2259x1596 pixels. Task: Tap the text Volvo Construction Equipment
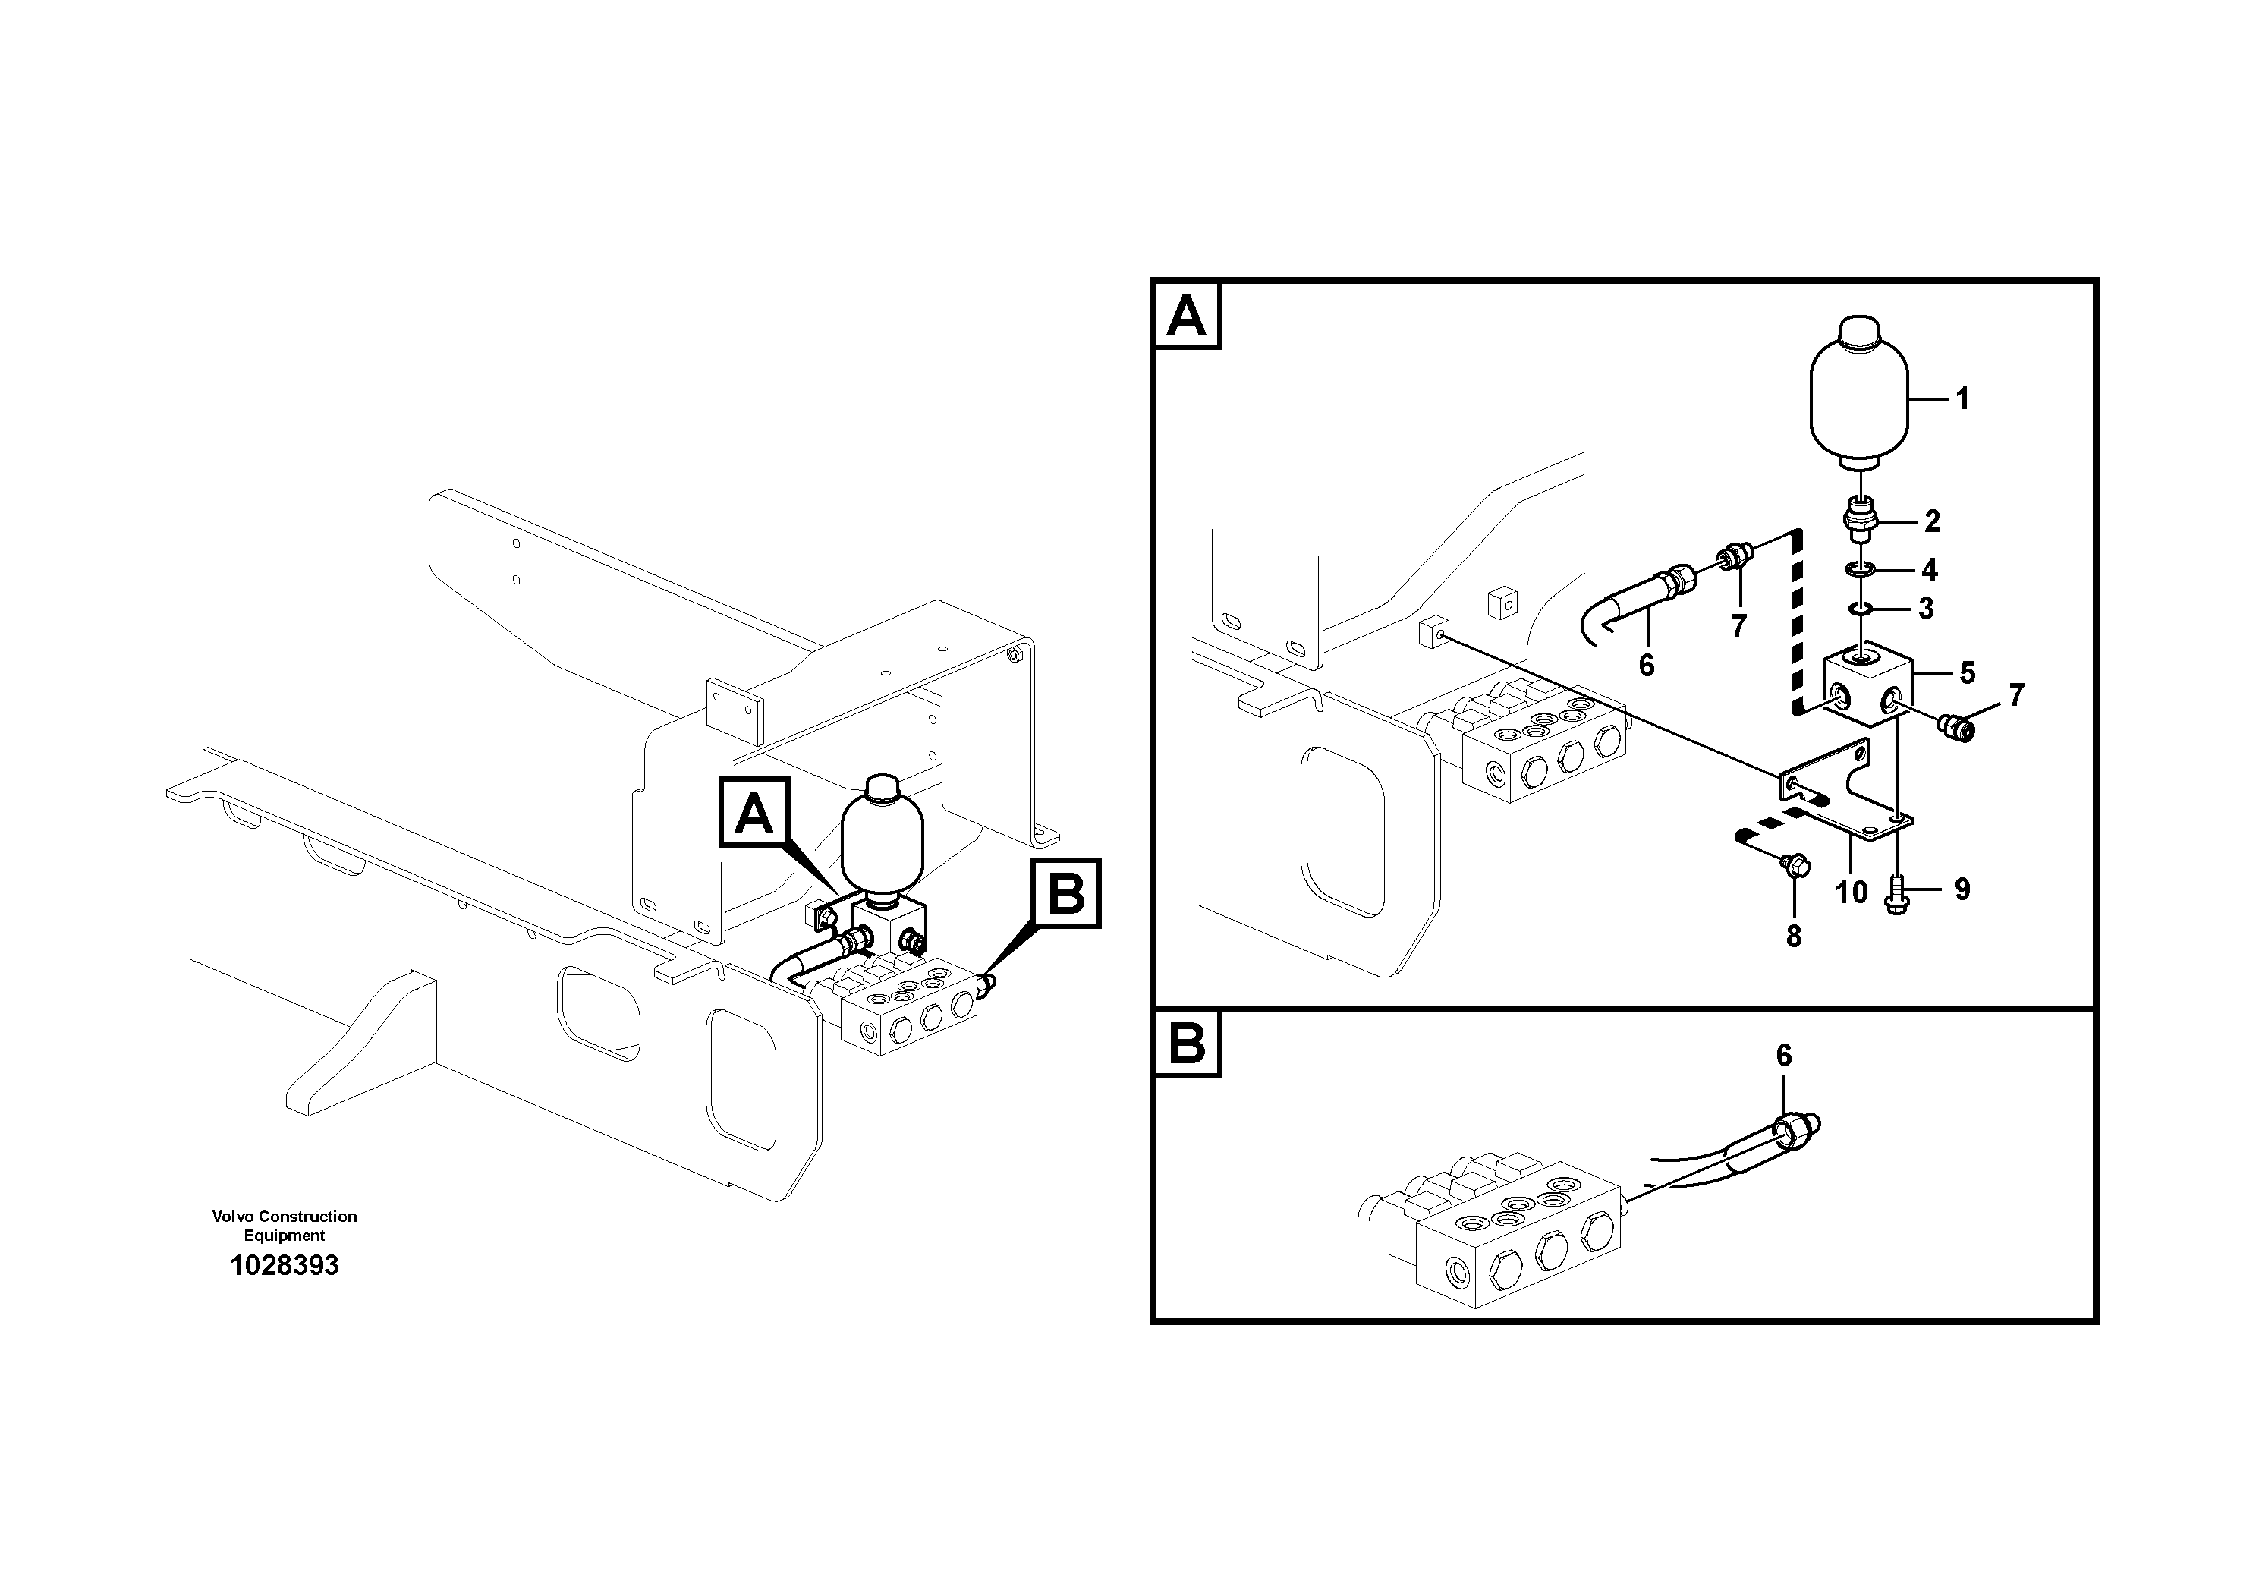tap(285, 1225)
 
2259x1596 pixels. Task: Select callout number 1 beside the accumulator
tap(1962, 398)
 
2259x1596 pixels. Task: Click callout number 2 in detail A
tap(1931, 521)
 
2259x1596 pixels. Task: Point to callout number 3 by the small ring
tap(1925, 609)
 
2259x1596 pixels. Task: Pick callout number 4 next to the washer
tap(1930, 570)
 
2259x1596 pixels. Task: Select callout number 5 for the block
tap(1967, 673)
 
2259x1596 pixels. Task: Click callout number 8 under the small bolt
tap(1794, 937)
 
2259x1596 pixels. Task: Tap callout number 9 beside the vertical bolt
tap(1962, 889)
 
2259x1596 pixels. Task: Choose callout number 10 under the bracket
tap(1851, 892)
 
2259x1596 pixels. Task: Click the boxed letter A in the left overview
tap(754, 813)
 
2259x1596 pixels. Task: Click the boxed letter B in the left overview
tap(1067, 892)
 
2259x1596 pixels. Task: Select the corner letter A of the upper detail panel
tap(1187, 316)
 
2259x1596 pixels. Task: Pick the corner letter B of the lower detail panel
tap(1187, 1043)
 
